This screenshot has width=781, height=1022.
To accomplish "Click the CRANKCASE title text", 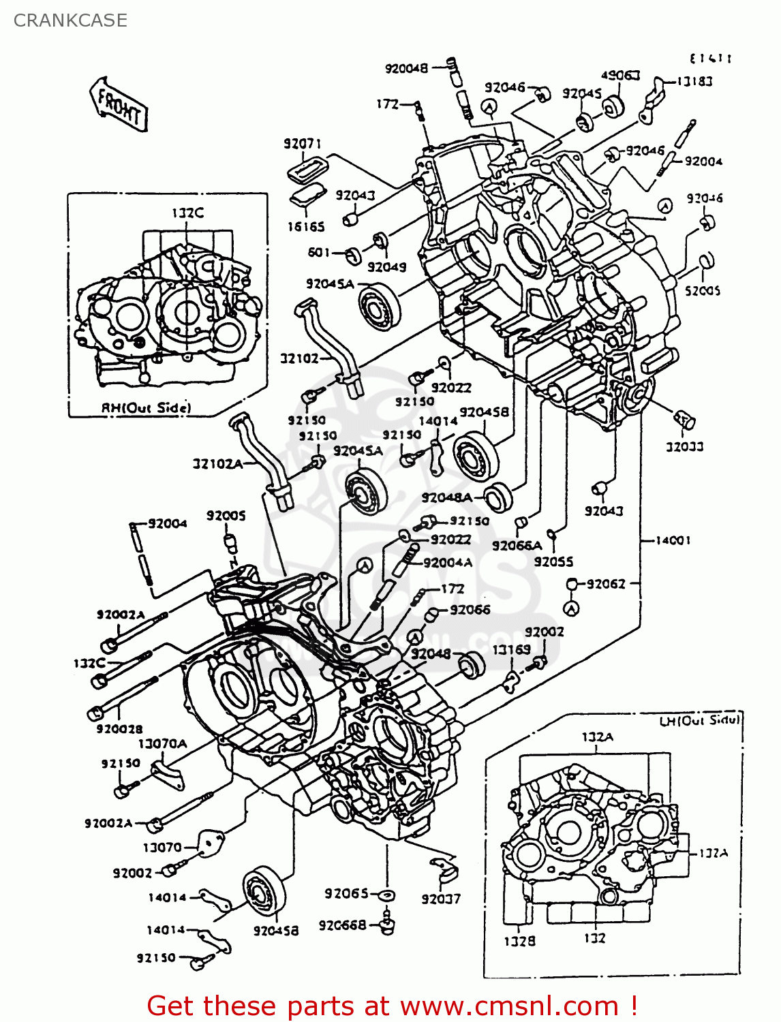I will tap(70, 20).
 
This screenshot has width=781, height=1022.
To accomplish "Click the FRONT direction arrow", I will tap(119, 105).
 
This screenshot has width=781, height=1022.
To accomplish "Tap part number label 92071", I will tap(302, 144).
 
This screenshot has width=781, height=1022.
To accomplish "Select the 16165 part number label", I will tap(306, 227).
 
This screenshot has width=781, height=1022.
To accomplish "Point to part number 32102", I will tap(299, 358).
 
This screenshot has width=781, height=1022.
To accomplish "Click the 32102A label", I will tap(217, 464).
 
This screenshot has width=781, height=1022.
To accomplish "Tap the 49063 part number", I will tap(620, 75).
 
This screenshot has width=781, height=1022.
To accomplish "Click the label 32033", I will tap(685, 447).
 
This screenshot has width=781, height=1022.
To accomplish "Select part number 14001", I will tap(673, 540).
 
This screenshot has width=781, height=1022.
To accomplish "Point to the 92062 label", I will tap(606, 584).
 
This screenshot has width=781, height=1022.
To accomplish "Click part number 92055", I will tap(553, 561).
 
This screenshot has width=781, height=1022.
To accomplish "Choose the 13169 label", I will tap(511, 649).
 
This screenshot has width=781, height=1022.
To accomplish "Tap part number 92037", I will tap(441, 899).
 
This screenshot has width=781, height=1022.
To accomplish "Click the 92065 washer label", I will tap(346, 893).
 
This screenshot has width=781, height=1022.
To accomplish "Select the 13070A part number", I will tap(162, 743).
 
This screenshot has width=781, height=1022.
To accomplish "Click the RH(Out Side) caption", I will tap(146, 407).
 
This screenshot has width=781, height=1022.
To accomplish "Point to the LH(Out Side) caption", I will tap(700, 720).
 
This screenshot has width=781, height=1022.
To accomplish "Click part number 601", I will tap(319, 252).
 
